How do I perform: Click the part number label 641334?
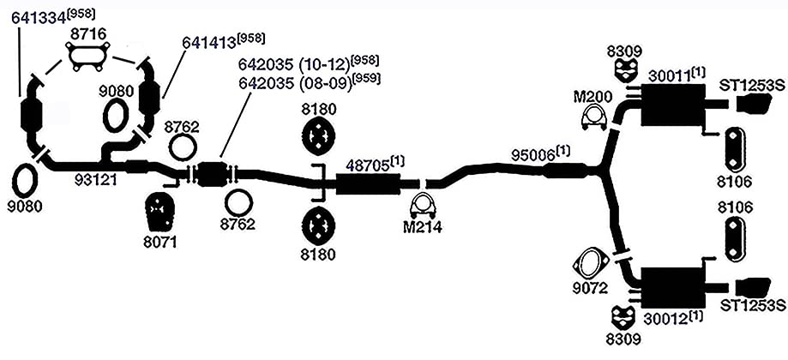[39, 17]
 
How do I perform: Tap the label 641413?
[209, 42]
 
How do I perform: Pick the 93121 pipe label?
[96, 180]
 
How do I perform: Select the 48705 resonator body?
[368, 183]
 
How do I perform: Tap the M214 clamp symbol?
[423, 206]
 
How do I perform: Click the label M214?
[423, 228]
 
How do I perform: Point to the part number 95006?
[533, 154]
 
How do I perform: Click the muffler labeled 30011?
[672, 105]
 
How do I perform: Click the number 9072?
[591, 289]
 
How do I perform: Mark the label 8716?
[88, 34]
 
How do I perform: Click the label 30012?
[666, 317]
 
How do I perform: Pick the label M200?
[593, 96]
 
